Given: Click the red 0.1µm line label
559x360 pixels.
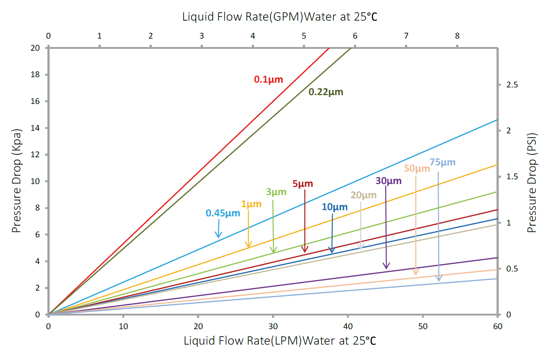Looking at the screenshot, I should point(268,79).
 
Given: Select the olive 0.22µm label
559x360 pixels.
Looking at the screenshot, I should point(326,92).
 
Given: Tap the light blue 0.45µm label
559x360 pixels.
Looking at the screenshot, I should point(223,213).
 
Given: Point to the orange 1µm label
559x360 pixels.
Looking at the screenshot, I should point(251,204).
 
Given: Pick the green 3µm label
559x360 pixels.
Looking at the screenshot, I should point(276,192).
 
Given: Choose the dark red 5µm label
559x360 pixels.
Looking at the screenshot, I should point(302,184).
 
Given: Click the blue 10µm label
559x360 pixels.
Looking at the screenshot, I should point(334,207).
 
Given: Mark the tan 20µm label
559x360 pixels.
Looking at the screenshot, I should point(363,195).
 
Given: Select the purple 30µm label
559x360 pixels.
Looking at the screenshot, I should point(388,181).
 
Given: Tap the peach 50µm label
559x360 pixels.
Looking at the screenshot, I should point(416,169).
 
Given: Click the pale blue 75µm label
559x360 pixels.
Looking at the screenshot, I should point(442,162).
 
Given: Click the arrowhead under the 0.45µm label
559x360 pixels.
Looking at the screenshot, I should point(218,236).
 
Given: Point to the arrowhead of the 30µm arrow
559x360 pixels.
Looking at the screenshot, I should point(386,266).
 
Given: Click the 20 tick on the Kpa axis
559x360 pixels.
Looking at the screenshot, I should point(35,48).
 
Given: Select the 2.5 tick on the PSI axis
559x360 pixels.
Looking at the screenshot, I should point(512,85).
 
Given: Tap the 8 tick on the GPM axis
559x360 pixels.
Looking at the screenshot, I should point(457,36).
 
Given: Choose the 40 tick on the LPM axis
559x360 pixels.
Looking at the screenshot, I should point(348,326).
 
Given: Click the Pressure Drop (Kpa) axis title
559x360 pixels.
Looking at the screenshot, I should point(17,181).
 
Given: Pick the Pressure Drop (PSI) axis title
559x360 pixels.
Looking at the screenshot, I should point(532,183).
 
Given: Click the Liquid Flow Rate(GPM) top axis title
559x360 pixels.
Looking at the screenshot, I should point(280,17).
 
